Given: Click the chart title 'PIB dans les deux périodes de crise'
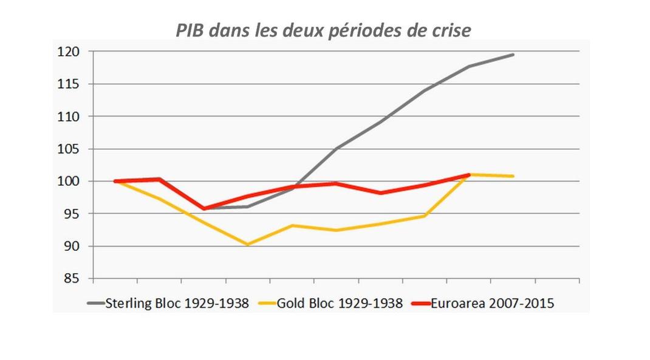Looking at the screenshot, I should point(323,30).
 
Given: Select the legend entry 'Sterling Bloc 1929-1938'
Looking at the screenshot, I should point(177,303).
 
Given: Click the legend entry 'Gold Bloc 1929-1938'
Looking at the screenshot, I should point(340,303).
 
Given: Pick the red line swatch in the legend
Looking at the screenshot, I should point(421,303).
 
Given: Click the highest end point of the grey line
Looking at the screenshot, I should point(513,55).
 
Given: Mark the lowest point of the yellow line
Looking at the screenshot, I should point(248,245).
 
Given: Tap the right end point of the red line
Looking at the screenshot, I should point(468,175).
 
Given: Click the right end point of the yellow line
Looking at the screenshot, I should point(513,176).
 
